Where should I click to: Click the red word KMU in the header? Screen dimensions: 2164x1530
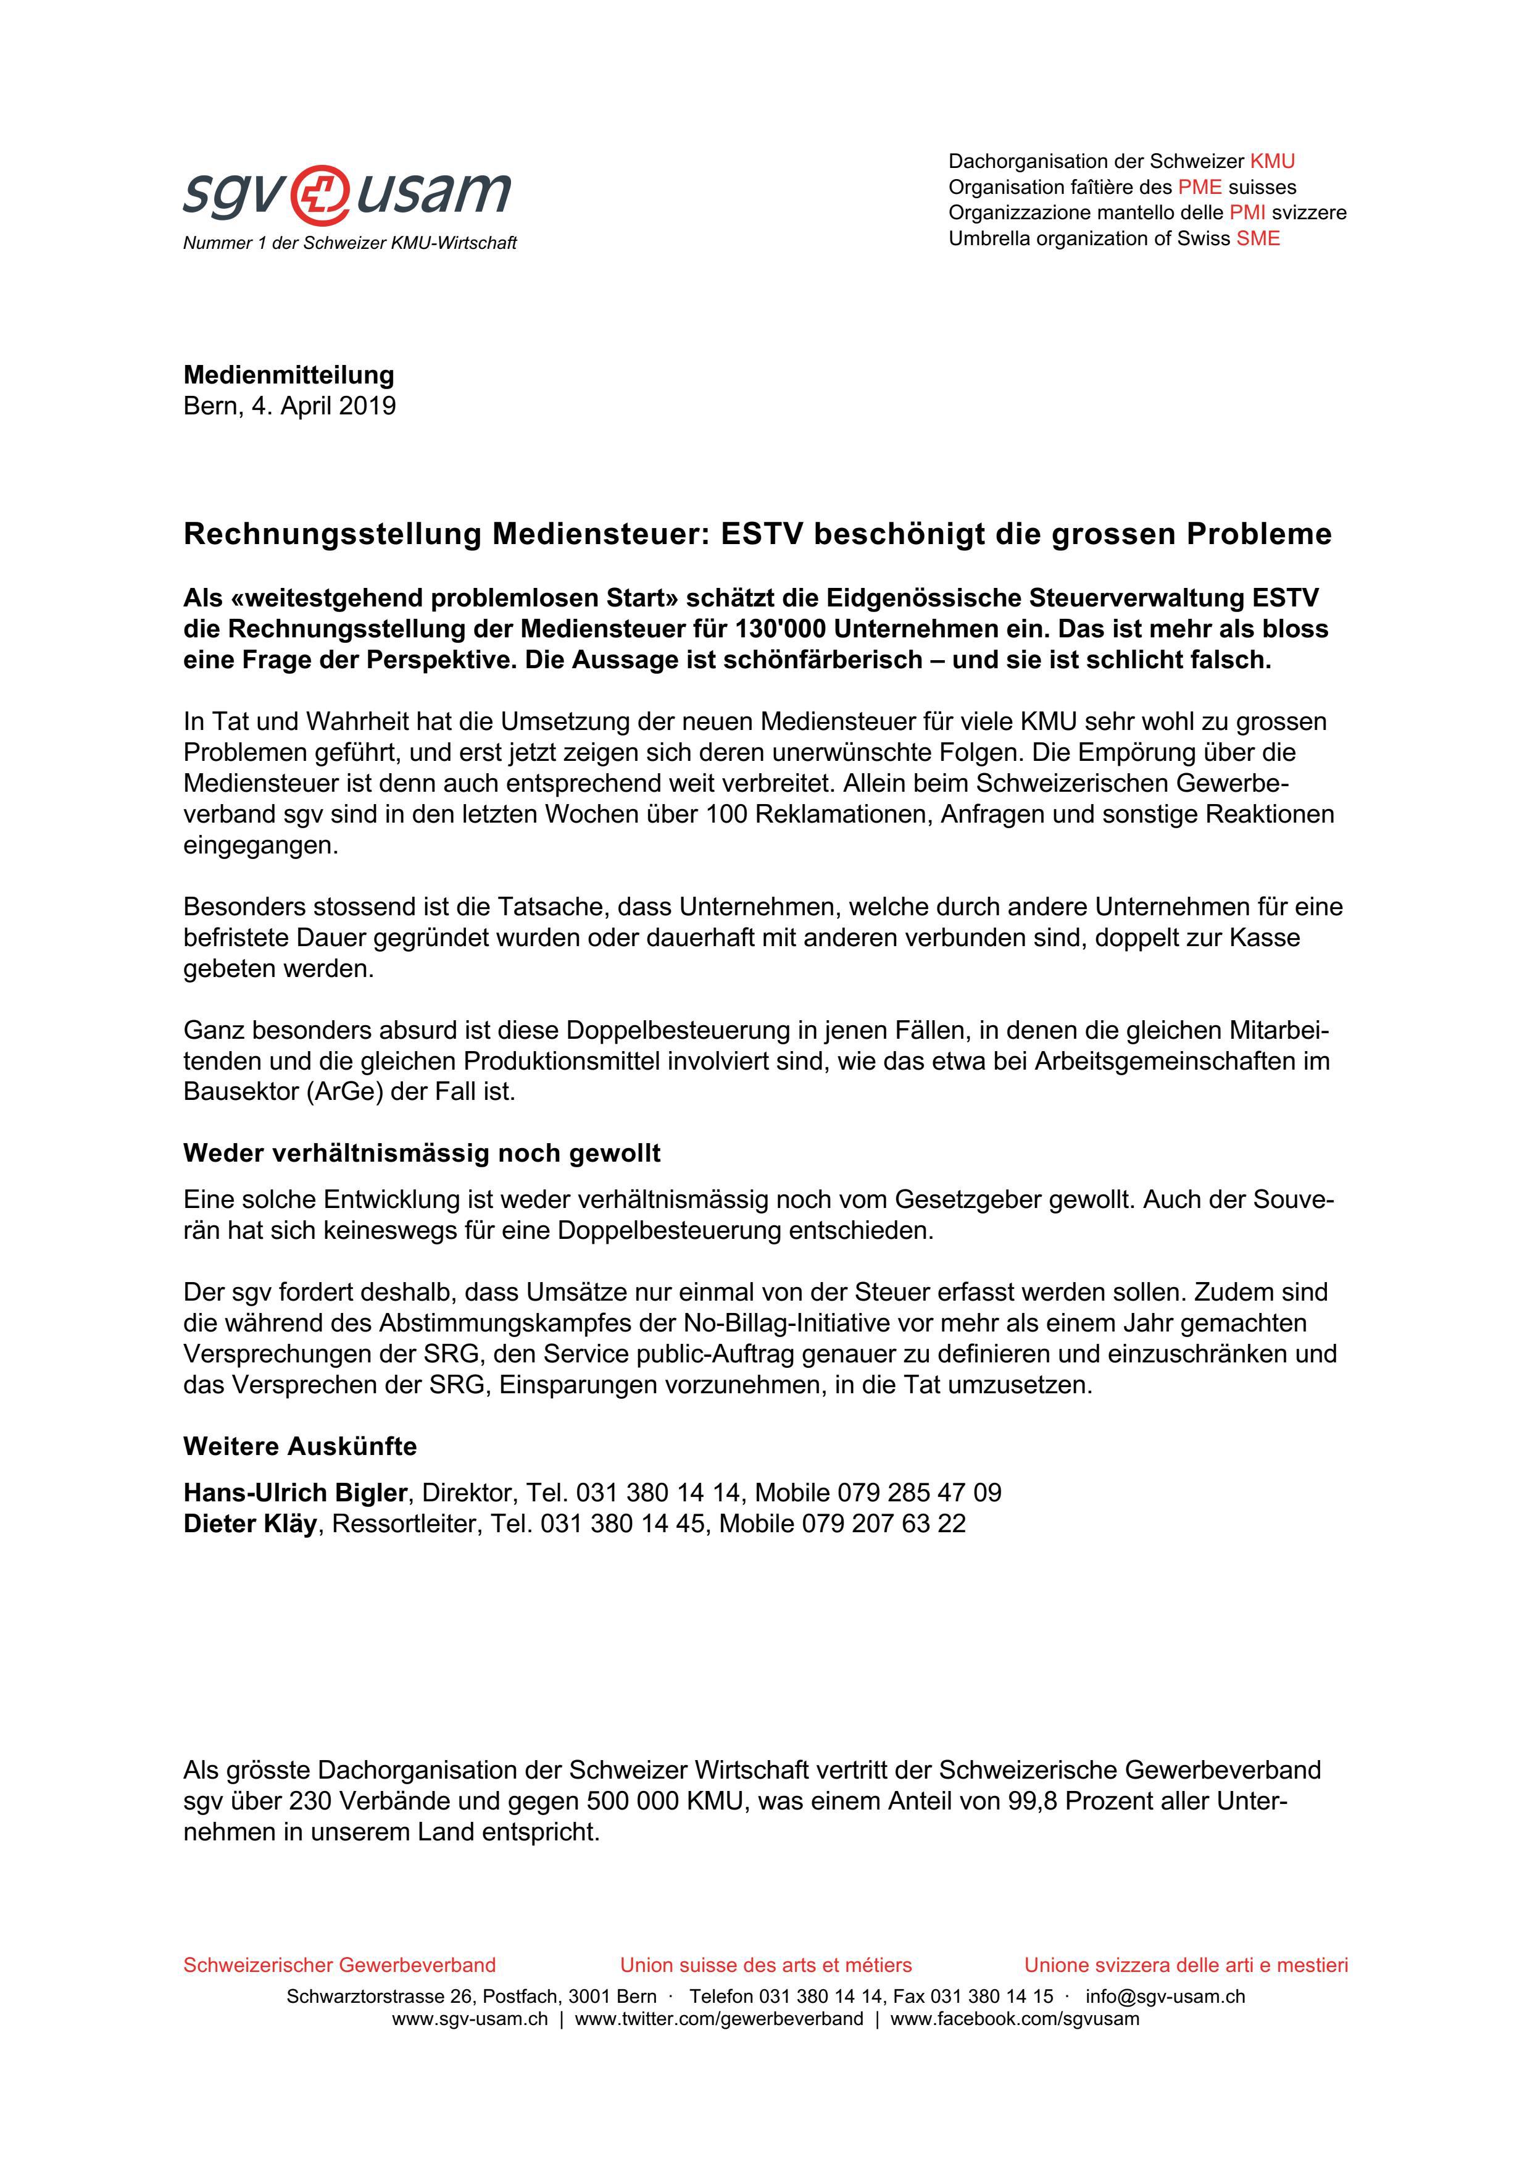click(x=1272, y=161)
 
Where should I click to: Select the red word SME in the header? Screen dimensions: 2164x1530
click(x=1258, y=238)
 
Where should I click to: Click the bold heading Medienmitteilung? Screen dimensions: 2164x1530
click(x=288, y=375)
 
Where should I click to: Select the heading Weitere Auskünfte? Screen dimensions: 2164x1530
click(x=299, y=1446)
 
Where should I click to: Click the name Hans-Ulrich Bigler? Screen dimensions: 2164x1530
click(x=295, y=1493)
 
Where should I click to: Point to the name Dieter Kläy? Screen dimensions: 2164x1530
click(x=250, y=1524)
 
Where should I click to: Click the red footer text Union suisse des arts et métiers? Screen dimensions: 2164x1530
click(x=765, y=1965)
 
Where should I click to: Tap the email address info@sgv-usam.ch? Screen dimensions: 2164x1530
click(x=1165, y=1996)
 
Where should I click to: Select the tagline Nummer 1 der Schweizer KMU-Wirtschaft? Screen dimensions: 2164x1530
click(x=349, y=243)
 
